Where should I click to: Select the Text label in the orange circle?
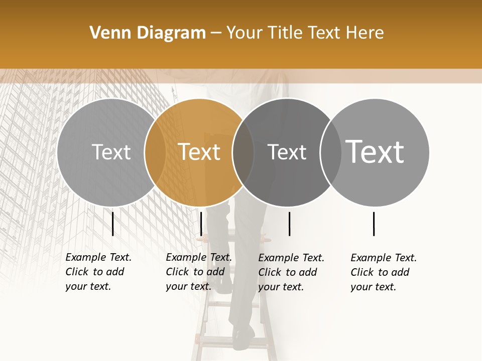[x=199, y=152]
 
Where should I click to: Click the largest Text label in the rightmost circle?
[x=375, y=151]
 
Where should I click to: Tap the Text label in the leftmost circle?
[x=111, y=152]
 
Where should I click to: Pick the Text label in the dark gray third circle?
[x=287, y=152]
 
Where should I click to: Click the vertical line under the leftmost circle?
[x=113, y=224]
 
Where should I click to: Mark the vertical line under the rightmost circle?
[x=374, y=224]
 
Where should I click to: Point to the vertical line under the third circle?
[x=290, y=224]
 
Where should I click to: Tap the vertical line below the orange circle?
[x=201, y=224]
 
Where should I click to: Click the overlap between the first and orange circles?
[x=155, y=152]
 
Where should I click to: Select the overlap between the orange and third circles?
[x=243, y=152]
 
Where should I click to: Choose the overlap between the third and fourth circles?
[x=330, y=152]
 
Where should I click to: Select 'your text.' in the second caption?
[x=188, y=286]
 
